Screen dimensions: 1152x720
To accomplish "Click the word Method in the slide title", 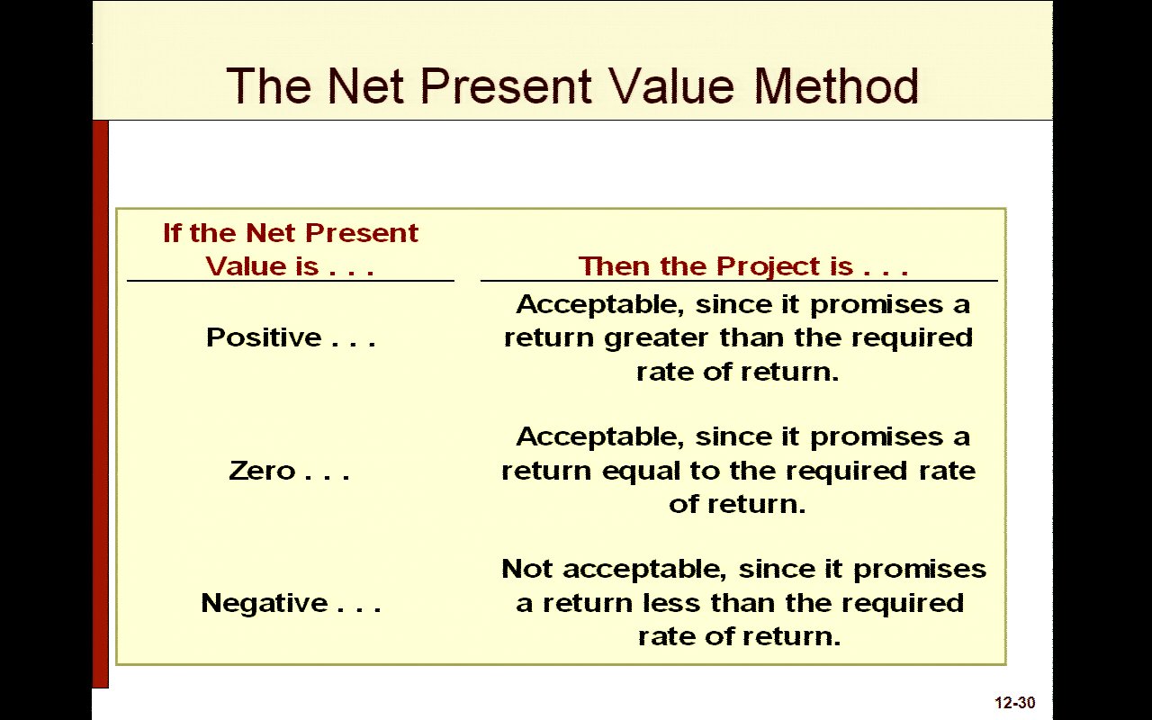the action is tap(836, 85).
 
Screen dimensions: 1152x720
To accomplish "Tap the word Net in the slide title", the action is tap(365, 85).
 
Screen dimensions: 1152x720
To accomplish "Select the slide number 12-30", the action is tap(1014, 703).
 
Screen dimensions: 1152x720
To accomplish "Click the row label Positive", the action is tap(264, 337).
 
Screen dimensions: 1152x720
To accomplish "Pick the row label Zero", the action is tap(262, 471).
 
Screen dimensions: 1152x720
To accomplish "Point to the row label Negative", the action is tap(265, 603).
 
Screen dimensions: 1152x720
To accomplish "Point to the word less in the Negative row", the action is tap(671, 603).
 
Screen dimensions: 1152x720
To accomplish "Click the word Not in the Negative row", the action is tap(527, 570).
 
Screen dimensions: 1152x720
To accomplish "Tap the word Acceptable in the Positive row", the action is tap(600, 305).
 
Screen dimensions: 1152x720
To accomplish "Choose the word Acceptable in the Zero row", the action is tap(600, 437).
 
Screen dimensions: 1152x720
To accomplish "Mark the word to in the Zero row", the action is tap(705, 471).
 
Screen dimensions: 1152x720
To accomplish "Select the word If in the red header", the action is tap(172, 233).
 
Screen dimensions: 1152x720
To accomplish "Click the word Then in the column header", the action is tap(615, 266).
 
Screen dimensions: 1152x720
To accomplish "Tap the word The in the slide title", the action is tap(268, 85).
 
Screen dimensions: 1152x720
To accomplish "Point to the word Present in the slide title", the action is tap(506, 85).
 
